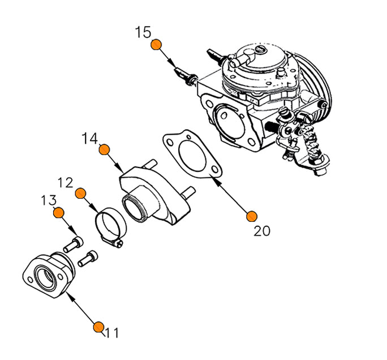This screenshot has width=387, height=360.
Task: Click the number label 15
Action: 144,32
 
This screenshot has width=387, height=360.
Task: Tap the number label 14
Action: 89,138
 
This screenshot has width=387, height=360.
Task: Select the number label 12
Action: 66,182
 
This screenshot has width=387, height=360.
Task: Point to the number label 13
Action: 49,200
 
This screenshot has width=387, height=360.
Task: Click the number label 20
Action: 262,230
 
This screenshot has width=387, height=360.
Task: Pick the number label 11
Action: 111,333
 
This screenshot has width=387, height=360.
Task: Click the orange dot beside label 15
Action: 157,45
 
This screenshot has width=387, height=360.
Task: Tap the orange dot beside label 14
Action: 104,149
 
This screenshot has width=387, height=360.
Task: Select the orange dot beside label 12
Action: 80,193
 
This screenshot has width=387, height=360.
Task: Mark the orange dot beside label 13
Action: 58,212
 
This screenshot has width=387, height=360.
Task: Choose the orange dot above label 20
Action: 252,216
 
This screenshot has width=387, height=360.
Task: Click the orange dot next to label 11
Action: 98,327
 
